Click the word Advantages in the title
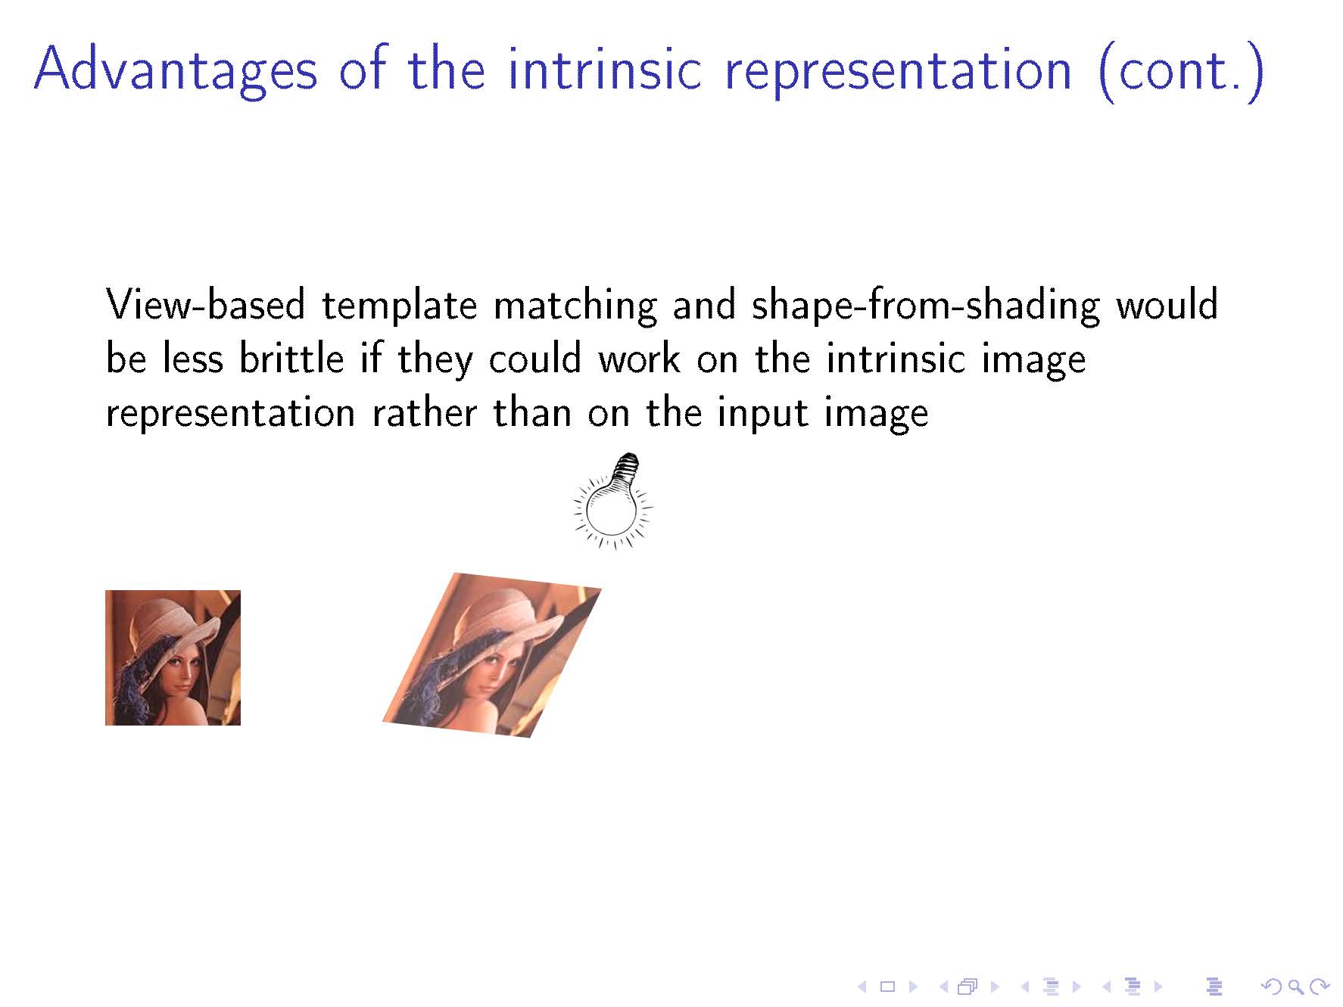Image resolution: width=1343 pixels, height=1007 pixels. click(176, 70)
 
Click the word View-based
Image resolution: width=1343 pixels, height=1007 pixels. click(205, 304)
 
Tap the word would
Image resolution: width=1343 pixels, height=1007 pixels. click(1167, 304)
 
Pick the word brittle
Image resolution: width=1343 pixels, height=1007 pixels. click(291, 359)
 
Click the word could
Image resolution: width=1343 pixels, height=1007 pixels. click(534, 359)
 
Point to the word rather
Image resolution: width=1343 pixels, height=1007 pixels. click(425, 413)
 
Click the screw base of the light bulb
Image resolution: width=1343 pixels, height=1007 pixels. click(626, 469)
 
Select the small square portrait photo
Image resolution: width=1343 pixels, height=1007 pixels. click(173, 657)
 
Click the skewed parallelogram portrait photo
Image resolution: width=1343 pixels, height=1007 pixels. click(492, 654)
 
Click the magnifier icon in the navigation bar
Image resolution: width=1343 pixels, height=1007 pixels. click(1295, 987)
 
